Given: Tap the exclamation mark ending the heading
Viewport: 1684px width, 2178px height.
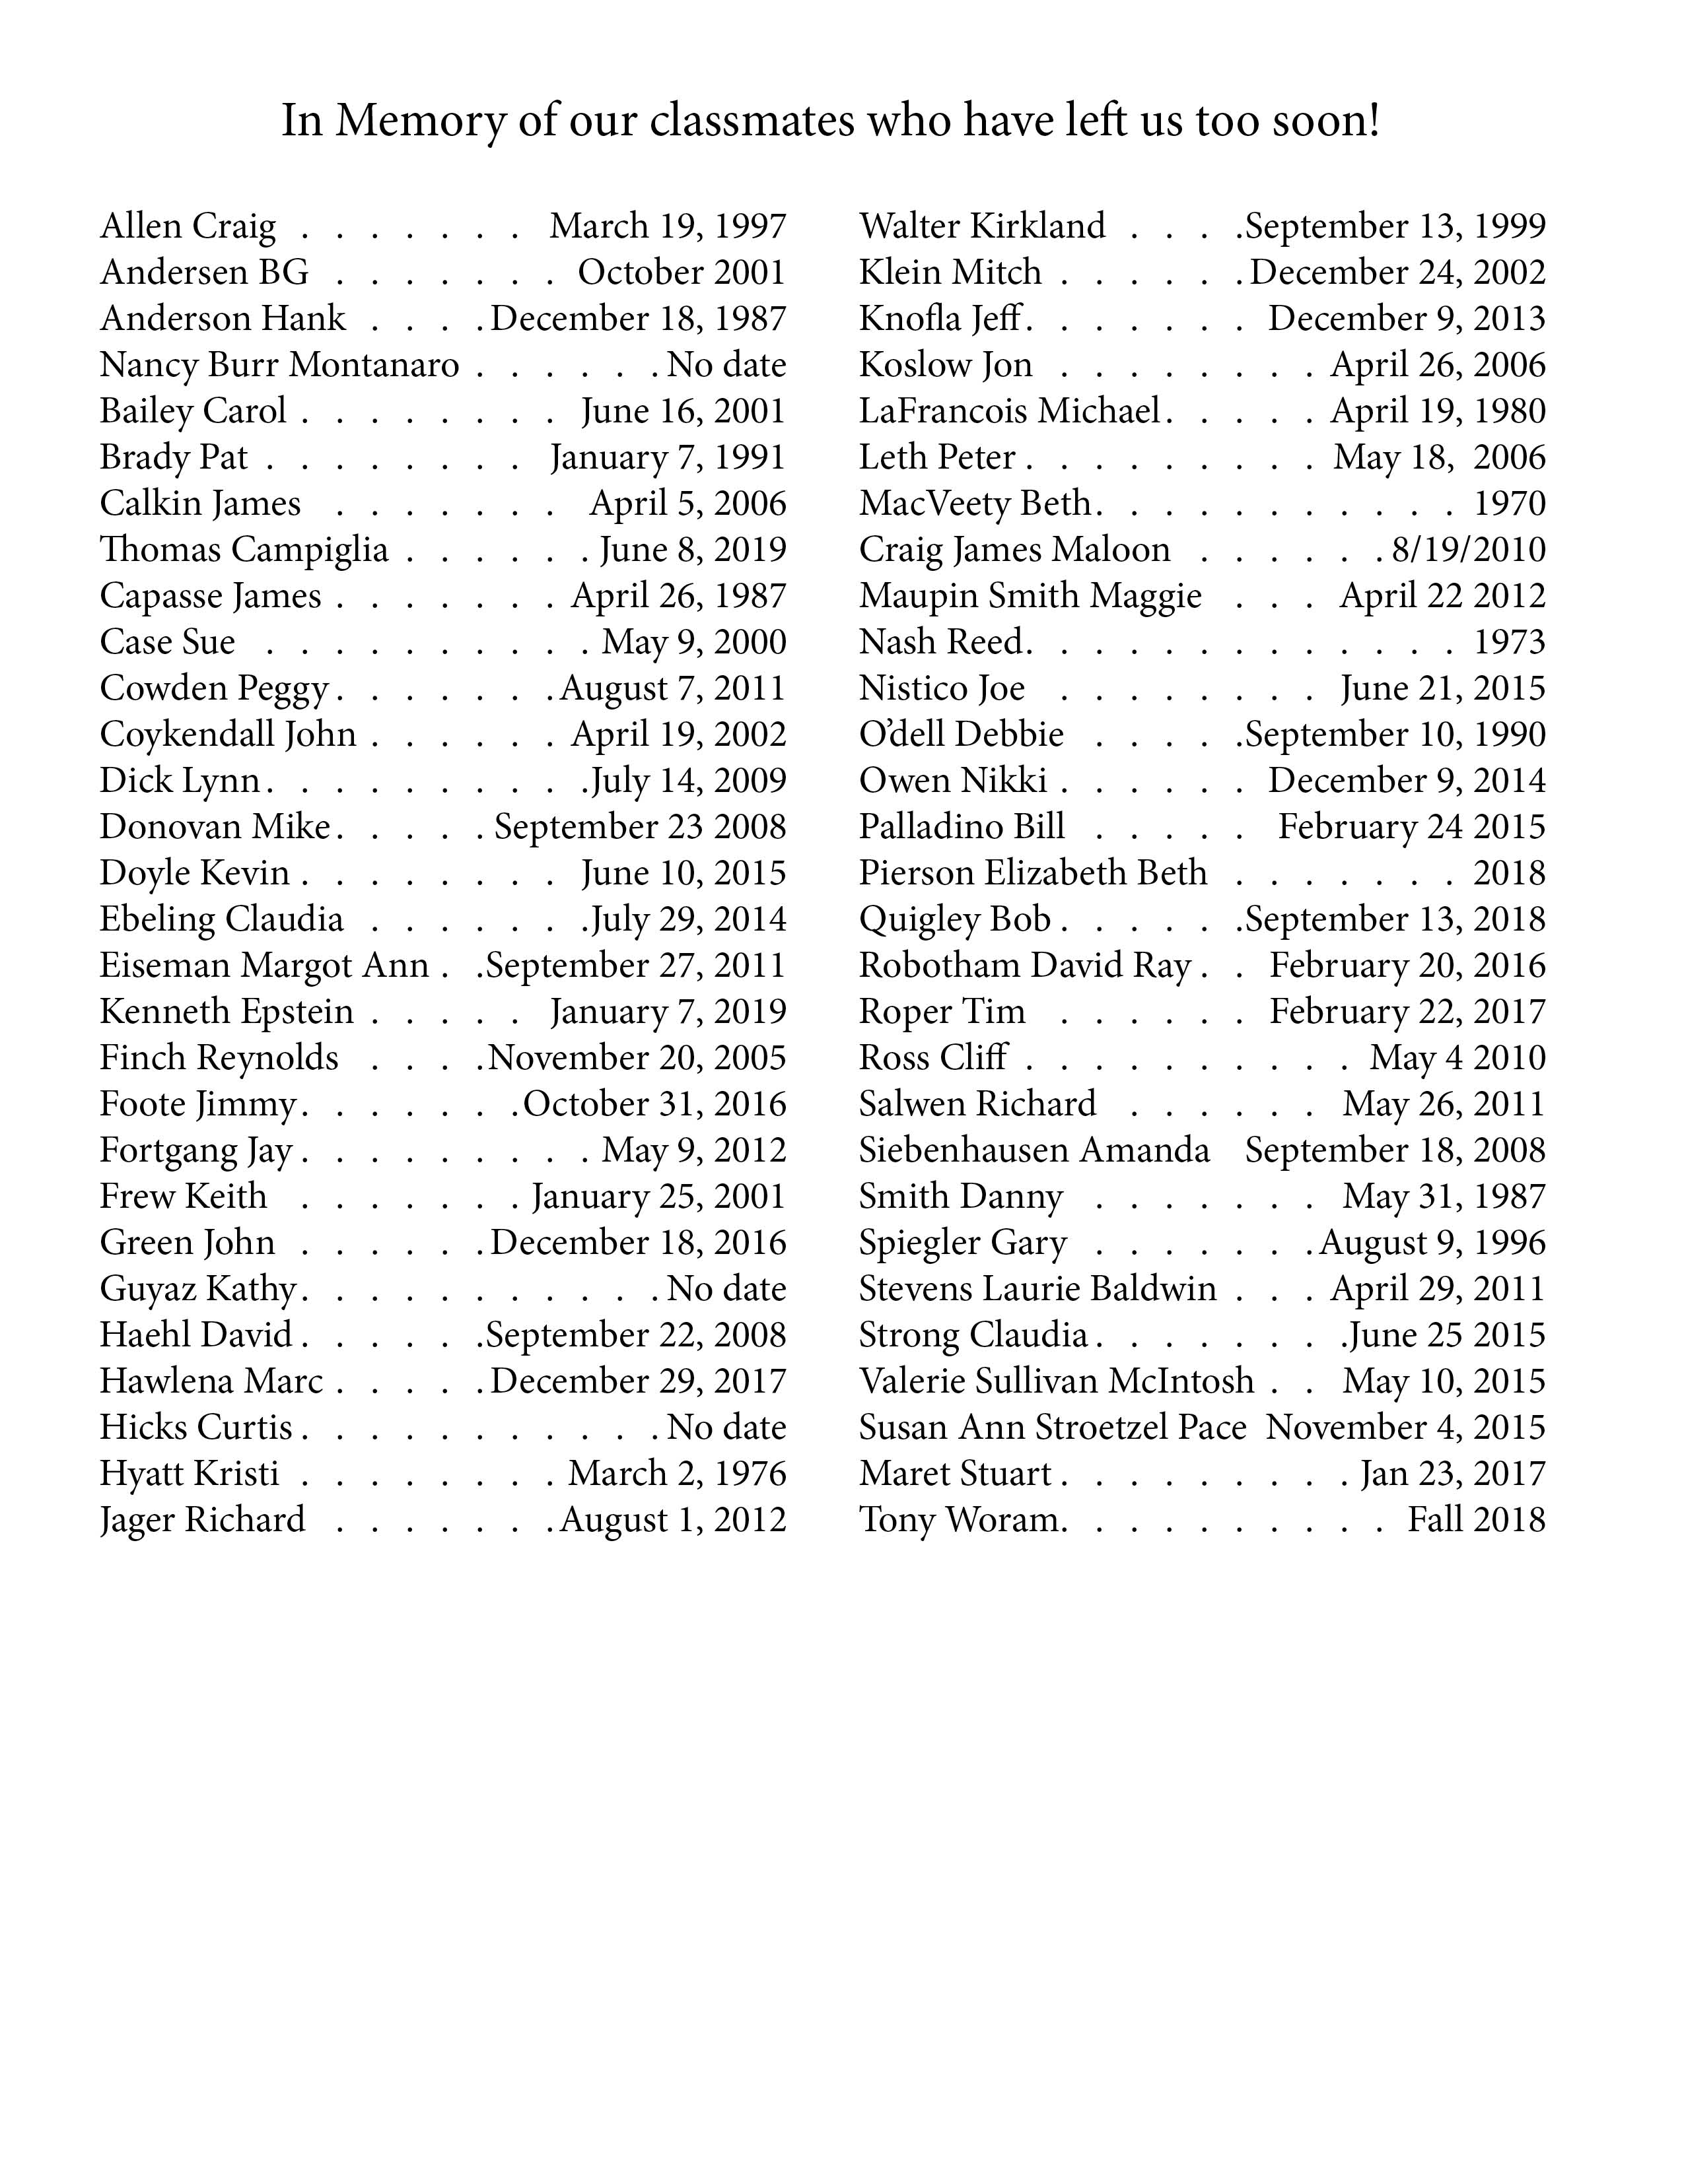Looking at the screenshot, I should (1374, 121).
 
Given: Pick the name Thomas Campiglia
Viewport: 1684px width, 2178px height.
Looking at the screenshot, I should (244, 550).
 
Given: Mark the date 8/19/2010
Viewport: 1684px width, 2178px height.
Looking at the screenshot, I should (1469, 550).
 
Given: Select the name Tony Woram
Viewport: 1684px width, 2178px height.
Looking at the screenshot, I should (961, 1521).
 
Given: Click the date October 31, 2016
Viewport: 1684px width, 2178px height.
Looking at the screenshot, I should (654, 1105).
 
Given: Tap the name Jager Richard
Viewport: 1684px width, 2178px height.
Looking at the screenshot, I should (203, 1521).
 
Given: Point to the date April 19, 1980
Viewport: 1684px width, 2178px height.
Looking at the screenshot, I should (1438, 412).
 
